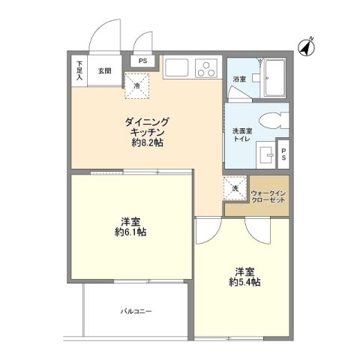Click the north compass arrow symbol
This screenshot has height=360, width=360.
click(306, 46)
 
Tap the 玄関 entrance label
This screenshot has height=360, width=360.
click(104, 71)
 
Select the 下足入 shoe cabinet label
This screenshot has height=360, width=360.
click(80, 70)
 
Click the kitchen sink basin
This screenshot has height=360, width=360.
click(177, 67)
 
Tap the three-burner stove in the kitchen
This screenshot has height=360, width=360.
click(205, 67)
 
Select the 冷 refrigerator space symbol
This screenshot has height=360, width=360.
click(137, 86)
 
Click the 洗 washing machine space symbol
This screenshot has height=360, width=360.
click(235, 188)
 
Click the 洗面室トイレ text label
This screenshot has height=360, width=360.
click(241, 134)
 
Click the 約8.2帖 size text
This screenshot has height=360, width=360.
click(147, 142)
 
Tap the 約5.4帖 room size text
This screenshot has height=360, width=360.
click(244, 282)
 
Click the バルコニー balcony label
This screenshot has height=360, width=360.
click(137, 310)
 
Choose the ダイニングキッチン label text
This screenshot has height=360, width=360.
click(147, 125)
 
